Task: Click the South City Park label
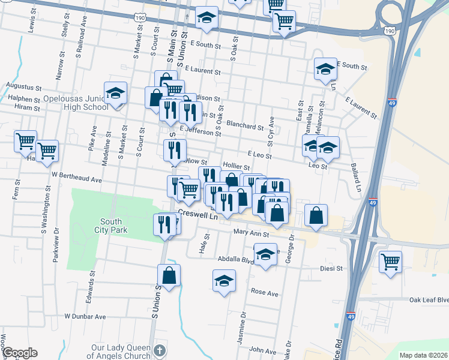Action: (110, 224)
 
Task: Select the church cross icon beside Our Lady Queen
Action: (160, 350)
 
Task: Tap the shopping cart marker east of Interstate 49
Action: (391, 262)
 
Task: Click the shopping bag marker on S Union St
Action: (169, 276)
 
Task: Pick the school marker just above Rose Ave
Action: (224, 281)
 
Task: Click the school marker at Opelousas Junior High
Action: (115, 93)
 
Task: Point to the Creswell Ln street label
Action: (197, 215)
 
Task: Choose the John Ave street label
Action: (262, 349)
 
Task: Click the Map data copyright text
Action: (423, 355)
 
